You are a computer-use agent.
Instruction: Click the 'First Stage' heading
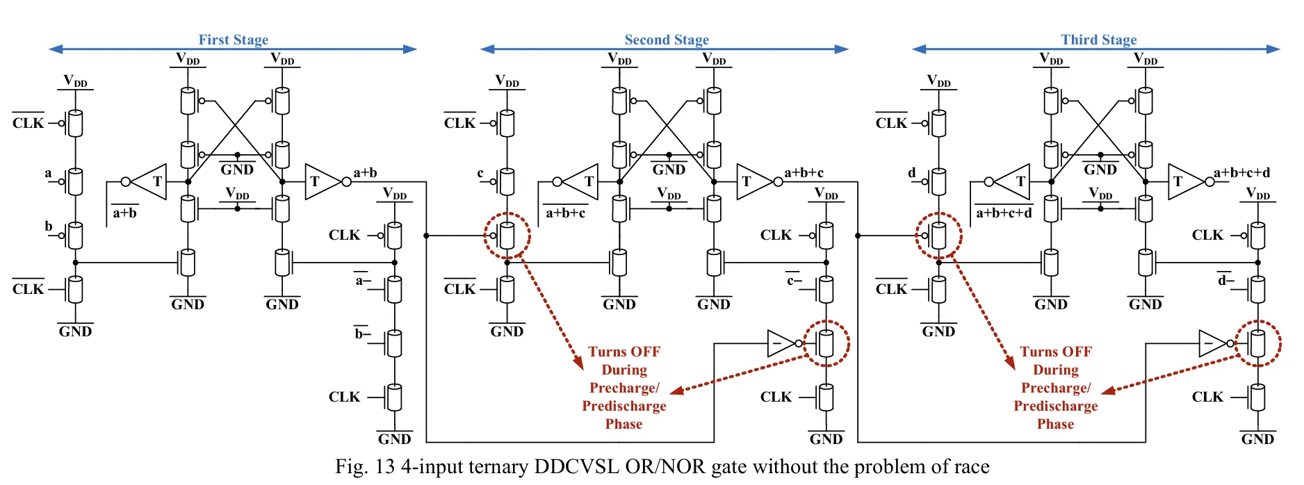point(233,40)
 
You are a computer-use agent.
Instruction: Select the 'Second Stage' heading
point(667,40)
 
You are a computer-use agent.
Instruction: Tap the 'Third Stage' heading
point(1098,40)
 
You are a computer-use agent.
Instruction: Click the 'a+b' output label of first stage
point(365,173)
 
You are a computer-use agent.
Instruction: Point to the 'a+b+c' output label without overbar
point(804,173)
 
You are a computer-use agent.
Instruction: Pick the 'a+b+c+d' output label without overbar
point(1241,173)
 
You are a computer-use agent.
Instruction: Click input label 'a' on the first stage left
point(48,173)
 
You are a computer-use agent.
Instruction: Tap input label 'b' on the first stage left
point(49,226)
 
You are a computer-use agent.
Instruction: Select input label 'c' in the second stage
point(480,173)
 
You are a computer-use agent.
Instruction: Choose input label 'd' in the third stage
point(912,173)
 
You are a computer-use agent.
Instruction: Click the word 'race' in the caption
point(971,466)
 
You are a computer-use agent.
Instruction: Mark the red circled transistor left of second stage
point(507,236)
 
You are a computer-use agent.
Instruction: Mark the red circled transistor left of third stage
point(938,236)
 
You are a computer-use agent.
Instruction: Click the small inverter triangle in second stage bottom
point(782,343)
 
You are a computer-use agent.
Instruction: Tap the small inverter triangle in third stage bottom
point(1214,343)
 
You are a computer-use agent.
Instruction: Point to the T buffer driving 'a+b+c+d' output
point(1184,182)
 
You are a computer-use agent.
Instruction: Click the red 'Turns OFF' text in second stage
point(624,352)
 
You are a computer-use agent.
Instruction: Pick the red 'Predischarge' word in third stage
point(1055,406)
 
